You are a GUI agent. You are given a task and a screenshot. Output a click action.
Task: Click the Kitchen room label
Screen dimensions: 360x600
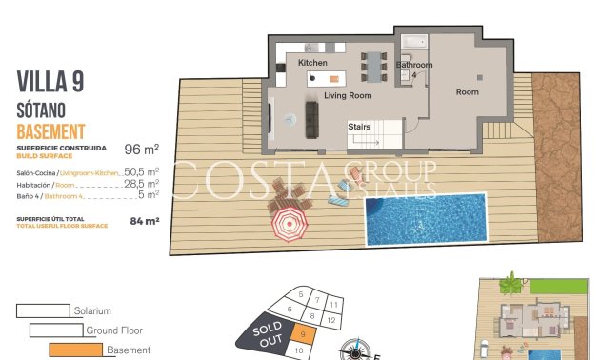pos(312,63)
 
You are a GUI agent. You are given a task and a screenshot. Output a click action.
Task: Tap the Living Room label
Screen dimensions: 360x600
pos(348,96)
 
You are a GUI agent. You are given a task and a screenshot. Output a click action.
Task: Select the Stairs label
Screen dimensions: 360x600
pos(359,126)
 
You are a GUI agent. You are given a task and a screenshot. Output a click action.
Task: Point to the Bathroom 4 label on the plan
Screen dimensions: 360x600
pos(414,70)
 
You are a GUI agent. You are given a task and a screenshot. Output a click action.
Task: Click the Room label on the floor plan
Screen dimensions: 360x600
pos(467,92)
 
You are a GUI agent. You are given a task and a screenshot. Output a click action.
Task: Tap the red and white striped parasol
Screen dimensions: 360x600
pos(289,226)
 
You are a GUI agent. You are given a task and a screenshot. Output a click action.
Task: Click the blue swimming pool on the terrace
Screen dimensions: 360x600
pos(425,221)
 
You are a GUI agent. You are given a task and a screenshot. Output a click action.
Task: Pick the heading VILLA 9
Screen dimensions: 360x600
pos(50,83)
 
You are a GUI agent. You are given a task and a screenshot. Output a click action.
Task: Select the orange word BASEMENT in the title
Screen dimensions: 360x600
pos(51,131)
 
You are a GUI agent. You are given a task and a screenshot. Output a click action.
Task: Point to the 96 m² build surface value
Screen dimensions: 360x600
pos(141,150)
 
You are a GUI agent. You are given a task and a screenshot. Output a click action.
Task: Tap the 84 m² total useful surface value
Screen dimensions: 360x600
pos(144,221)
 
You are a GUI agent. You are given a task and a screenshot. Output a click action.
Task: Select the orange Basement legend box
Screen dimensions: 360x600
pos(75,350)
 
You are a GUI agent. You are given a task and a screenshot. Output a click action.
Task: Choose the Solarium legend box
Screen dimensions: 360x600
pos(43,310)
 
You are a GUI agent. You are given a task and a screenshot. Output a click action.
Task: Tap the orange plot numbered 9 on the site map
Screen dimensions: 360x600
pos(301,333)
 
